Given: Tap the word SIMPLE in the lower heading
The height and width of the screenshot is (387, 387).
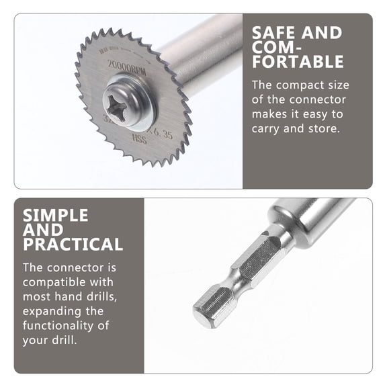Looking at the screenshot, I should pyautogui.click(x=56, y=215).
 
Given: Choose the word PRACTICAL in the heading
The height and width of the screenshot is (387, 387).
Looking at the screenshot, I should pyautogui.click(x=73, y=245).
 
